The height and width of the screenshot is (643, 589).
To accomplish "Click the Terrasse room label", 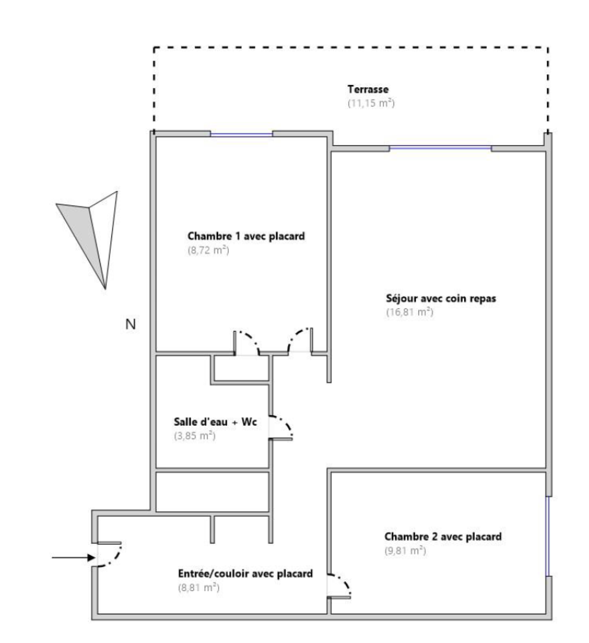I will tap(368, 89).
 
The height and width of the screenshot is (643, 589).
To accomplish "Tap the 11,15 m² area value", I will tap(371, 103).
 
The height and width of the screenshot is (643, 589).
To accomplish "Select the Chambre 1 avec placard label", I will tap(246, 236).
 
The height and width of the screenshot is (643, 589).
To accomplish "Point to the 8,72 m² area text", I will tap(208, 250).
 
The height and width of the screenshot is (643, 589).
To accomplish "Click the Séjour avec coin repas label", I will tap(441, 298).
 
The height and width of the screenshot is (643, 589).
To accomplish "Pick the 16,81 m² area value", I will tap(410, 312).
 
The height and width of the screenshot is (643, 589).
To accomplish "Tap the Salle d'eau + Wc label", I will tap(215, 422).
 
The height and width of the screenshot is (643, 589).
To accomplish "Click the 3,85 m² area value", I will tap(195, 436).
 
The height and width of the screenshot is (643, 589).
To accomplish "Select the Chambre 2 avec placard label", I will tap(443, 537).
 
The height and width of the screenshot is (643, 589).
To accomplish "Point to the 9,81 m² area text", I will tap(405, 551).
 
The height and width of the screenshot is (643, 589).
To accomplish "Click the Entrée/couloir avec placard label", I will tap(246, 573).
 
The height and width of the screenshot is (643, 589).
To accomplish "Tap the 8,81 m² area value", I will tap(199, 587).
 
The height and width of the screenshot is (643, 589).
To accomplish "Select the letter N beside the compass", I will tap(131, 324).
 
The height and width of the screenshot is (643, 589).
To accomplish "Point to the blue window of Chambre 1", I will tap(241, 134).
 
